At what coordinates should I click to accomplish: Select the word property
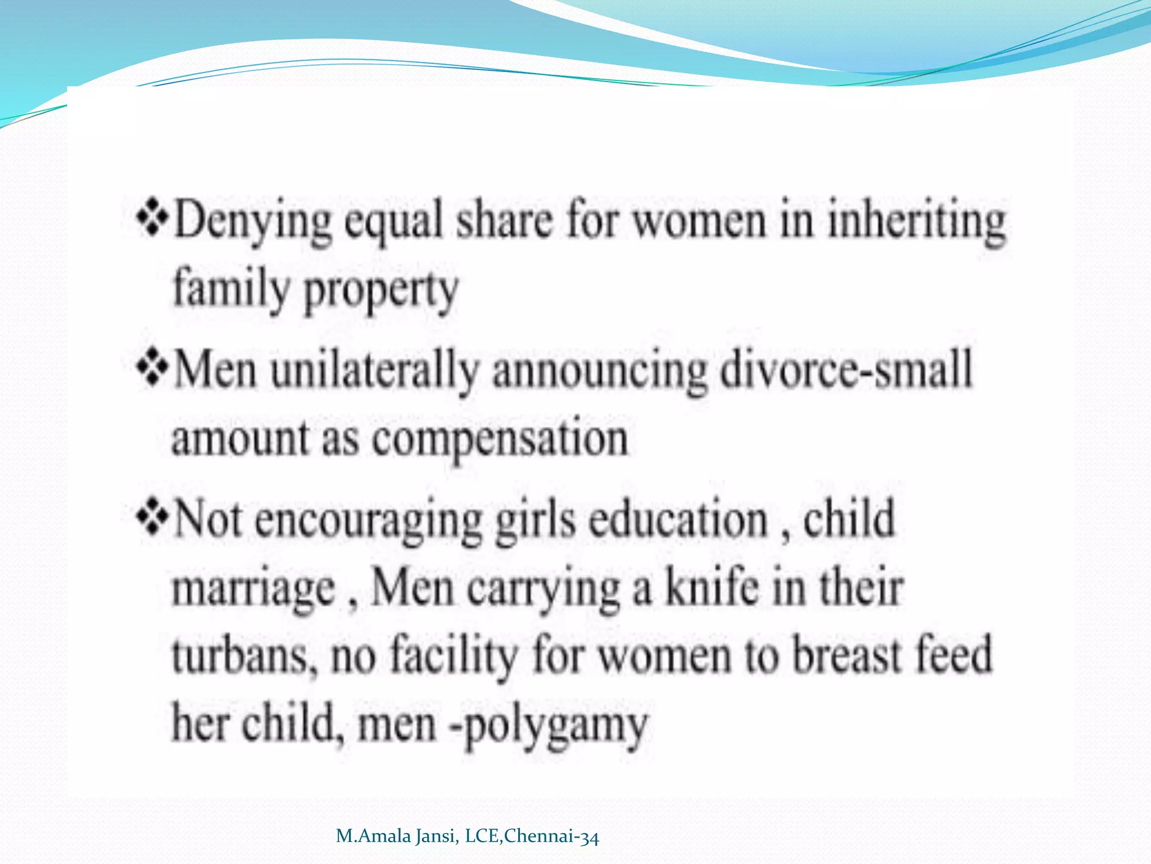pyautogui.click(x=381, y=291)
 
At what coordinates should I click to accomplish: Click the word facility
pyautogui.click(x=453, y=656)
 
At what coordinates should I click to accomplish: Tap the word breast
pyautogui.click(x=847, y=656)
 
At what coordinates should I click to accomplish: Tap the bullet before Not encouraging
pyautogui.click(x=152, y=517)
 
